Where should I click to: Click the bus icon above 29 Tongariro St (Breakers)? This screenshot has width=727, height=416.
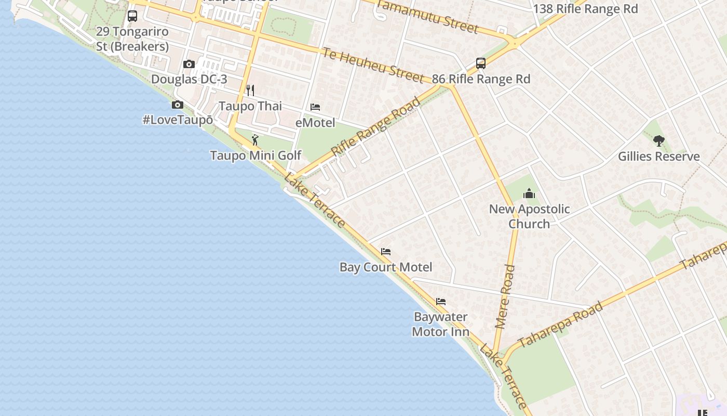[132, 16]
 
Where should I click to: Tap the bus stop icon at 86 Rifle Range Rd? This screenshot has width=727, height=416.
[481, 63]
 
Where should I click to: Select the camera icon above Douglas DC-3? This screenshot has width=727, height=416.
[189, 64]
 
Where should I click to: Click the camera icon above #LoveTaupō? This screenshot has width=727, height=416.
[178, 105]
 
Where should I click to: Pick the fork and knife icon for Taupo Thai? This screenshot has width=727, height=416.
[250, 90]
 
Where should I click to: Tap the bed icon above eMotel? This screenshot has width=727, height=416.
[315, 108]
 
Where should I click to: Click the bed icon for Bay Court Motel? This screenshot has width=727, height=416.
[385, 252]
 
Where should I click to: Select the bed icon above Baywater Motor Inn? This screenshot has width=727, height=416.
[441, 302]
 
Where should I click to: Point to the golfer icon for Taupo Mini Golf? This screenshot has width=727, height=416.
[255, 140]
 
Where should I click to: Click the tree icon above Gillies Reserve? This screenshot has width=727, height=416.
[658, 140]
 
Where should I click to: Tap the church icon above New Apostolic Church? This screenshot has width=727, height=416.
[529, 193]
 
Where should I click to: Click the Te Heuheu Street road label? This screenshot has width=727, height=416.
[372, 65]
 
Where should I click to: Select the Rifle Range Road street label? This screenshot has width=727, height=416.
[375, 126]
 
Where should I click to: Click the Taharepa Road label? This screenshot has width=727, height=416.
[561, 323]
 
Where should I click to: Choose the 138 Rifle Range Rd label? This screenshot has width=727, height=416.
[585, 9]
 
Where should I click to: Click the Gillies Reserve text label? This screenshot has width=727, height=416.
[658, 157]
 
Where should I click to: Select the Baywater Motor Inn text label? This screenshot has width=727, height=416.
[440, 324]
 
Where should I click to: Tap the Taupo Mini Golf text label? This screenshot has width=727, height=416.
[255, 155]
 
